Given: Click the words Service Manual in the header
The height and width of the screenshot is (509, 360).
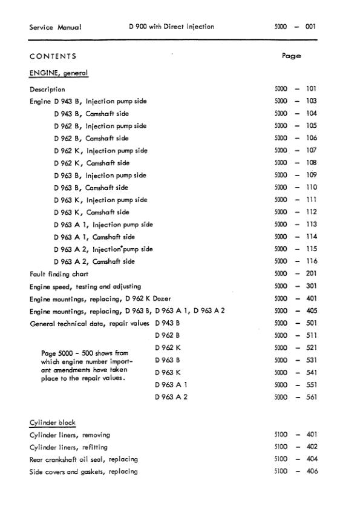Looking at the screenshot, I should click(56, 27).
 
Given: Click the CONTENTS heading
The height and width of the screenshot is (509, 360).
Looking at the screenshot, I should click(53, 56).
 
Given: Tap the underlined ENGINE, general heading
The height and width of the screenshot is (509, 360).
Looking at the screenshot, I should click(59, 73).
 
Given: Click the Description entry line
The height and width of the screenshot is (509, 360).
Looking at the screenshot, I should click(47, 89).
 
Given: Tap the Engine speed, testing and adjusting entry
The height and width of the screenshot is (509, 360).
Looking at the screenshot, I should click(85, 286).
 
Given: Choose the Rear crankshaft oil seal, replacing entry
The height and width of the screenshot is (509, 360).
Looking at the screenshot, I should click(84, 459).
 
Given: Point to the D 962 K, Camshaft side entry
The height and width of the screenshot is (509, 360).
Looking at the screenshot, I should click(91, 163).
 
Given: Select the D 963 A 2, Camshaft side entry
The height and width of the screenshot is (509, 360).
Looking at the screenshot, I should click(94, 261).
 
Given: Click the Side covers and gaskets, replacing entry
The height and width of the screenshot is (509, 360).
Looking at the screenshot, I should click(83, 471).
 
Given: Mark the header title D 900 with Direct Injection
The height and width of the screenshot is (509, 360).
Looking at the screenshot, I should click(171, 27).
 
